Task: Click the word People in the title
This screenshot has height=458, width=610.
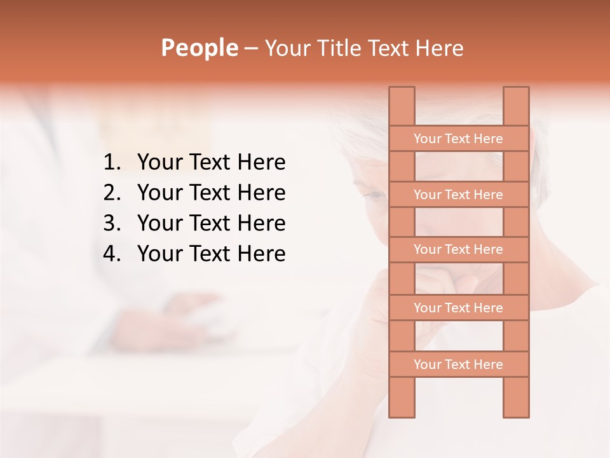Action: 199,48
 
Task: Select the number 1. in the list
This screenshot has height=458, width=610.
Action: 112,163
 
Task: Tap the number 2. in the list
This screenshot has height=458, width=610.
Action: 112,193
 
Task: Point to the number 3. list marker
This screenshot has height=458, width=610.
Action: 112,223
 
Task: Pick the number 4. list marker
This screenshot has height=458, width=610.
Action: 112,254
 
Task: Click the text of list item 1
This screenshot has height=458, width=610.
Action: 211,163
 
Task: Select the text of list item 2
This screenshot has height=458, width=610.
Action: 211,193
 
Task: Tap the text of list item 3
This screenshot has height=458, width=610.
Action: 211,223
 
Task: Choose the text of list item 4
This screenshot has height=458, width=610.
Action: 211,254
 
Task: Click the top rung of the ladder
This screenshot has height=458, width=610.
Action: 458,139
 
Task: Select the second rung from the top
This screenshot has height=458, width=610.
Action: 458,195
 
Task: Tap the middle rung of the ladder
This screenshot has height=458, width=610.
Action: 458,250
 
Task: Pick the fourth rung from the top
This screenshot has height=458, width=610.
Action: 458,308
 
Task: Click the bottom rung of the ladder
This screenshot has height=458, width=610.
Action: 458,364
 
